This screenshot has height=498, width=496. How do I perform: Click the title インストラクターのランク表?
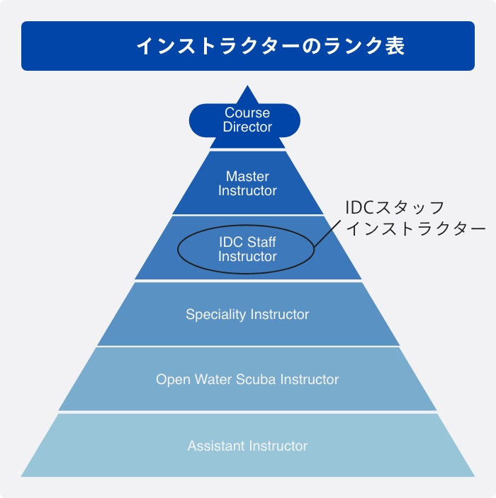pyautogui.click(x=270, y=47)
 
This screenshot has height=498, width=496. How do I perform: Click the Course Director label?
pyautogui.click(x=247, y=120)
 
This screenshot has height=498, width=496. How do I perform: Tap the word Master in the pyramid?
pyautogui.click(x=247, y=176)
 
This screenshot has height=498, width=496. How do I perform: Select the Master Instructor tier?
pyautogui.click(x=247, y=184)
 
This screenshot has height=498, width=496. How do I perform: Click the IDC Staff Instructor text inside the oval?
pyautogui.click(x=247, y=250)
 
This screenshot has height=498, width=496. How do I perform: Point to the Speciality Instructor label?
pyautogui.click(x=247, y=314)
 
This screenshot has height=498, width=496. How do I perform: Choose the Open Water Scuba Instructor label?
pyautogui.click(x=247, y=380)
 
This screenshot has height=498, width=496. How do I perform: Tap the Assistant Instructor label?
pyautogui.click(x=247, y=446)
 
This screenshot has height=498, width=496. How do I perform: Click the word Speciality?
pyautogui.click(x=213, y=314)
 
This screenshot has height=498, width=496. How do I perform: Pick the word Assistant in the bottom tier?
pyautogui.click(x=215, y=446)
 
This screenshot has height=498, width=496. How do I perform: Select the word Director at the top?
pyautogui.click(x=247, y=127)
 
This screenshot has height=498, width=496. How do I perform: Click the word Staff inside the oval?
pyautogui.click(x=261, y=243)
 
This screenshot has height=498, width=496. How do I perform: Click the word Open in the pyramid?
pyautogui.click(x=173, y=380)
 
